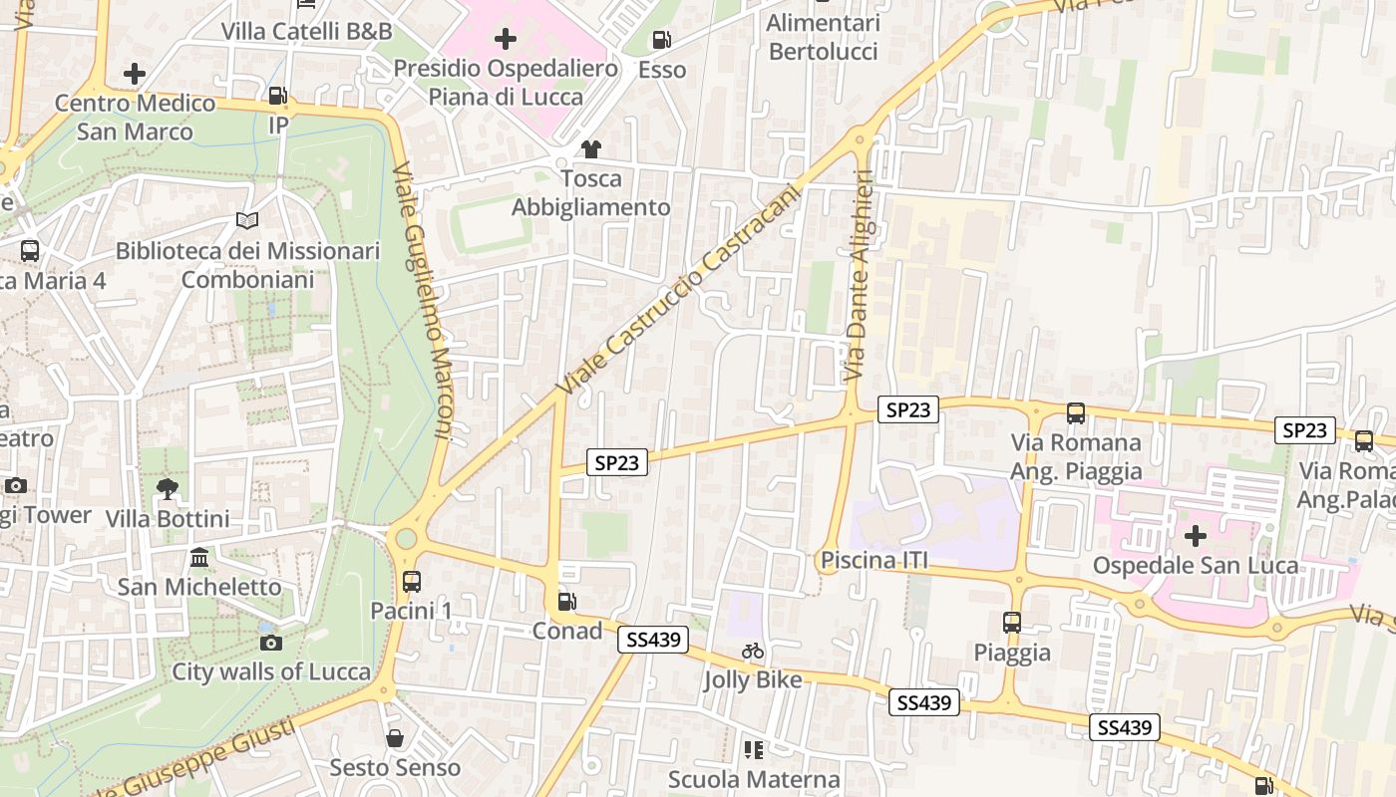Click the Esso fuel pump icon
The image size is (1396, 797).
point(661,40)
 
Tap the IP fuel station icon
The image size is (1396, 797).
point(278,96)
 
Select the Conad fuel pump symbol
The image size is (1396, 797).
point(566,601)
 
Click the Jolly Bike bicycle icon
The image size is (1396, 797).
point(753,651)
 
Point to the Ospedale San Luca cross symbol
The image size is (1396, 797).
point(1195,536)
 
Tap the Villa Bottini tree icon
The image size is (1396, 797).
point(168,488)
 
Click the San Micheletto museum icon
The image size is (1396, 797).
point(199,557)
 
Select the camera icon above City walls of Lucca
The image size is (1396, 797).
point(271,643)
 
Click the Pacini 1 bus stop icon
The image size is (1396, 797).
point(412,581)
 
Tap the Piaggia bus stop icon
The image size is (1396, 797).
point(1012,623)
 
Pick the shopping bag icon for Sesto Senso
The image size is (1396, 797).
point(395,738)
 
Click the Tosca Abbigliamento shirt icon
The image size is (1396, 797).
point(591,149)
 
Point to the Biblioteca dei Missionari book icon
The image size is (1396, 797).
point(247,220)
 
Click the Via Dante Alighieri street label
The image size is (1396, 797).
point(859,275)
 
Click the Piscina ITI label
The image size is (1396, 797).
point(873,561)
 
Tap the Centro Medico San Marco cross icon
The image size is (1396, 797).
point(135,74)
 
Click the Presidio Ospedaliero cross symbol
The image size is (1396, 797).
point(506,39)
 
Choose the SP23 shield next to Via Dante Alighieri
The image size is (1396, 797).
point(907,409)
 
